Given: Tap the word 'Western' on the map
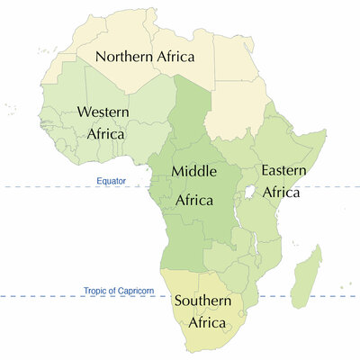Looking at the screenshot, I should tap(103, 112).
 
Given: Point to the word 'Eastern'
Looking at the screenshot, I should tap(283, 169).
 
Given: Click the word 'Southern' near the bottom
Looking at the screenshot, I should tap(203, 301).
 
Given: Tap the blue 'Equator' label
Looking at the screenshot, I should tap(112, 181).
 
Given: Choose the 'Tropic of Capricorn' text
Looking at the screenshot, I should tap(120, 290).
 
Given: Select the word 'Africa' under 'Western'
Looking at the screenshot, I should tap(106, 133).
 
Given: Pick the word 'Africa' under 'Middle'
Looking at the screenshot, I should tap(193, 200).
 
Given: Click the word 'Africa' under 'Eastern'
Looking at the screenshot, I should tap(280, 191).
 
